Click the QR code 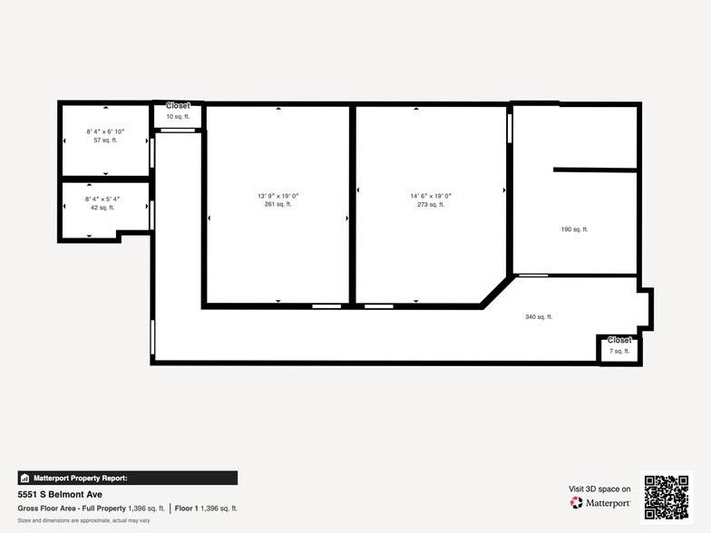coord(666,497)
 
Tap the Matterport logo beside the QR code coord(601,502)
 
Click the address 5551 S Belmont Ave coord(60,494)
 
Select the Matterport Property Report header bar coord(127,478)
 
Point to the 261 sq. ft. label coord(278,205)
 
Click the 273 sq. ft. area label coord(431,205)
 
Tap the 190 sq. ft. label coord(574,229)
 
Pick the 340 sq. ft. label coord(539,316)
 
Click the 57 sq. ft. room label coord(105,141)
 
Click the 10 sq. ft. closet coord(178,117)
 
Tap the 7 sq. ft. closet coord(619,350)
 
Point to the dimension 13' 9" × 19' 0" coord(278,196)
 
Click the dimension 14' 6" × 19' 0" coord(431,196)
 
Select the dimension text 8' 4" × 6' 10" coord(105,131)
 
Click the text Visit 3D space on coord(599,489)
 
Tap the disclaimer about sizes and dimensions coord(83,520)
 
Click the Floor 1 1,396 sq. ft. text coord(206,509)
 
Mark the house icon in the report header coord(25,478)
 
